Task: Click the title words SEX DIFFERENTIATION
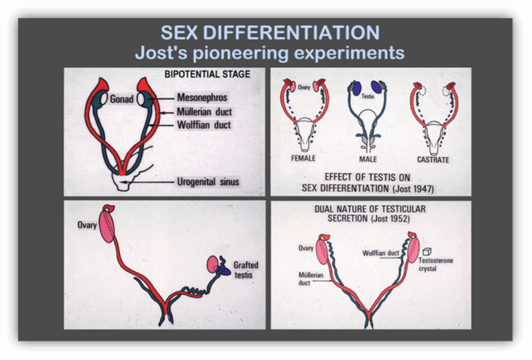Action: pos(269,33)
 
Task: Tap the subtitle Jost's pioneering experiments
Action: pos(269,53)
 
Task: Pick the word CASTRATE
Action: pos(433,160)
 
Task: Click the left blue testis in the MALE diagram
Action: pos(357,89)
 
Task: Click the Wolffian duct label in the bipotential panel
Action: pos(204,125)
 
